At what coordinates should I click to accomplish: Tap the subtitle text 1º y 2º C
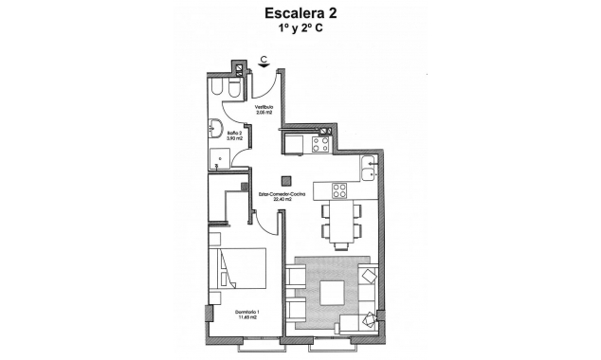click(x=301, y=30)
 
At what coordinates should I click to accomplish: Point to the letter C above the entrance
click(x=263, y=59)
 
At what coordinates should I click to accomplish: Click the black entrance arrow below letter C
click(x=263, y=66)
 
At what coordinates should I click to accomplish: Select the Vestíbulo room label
click(x=264, y=108)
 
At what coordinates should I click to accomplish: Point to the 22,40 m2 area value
click(x=281, y=201)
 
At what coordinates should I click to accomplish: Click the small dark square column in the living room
click(x=283, y=182)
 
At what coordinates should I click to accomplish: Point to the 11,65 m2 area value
click(x=247, y=319)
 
